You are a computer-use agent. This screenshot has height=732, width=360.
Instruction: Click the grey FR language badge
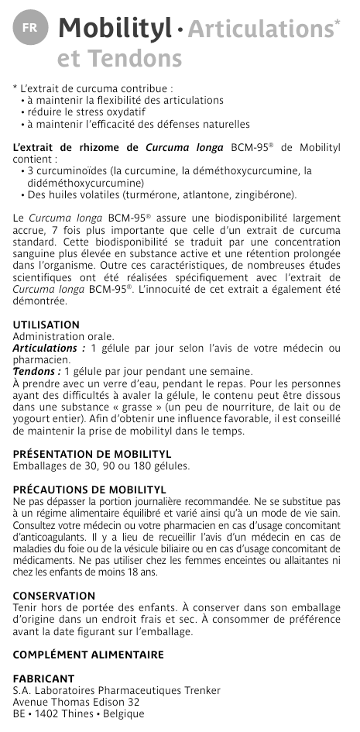pyautogui.click(x=29, y=28)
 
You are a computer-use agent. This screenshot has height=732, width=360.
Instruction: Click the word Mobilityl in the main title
pyautogui.click(x=115, y=29)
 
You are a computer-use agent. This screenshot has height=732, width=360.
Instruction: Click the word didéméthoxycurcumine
pyautogui.click(x=77, y=183)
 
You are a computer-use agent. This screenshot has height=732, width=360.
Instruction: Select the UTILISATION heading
pyautogui.click(x=46, y=325)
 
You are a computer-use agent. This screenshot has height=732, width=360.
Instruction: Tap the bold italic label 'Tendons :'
pyautogui.click(x=37, y=371)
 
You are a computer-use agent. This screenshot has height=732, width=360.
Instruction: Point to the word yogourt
pyautogui.click(x=34, y=418)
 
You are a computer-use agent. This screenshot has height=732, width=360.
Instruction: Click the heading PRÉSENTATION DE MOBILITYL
pyautogui.click(x=92, y=454)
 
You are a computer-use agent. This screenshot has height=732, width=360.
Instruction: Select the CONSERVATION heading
pyautogui.click(x=54, y=596)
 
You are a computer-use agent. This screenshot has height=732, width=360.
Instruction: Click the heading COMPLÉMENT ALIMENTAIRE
pyautogui.click(x=89, y=655)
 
